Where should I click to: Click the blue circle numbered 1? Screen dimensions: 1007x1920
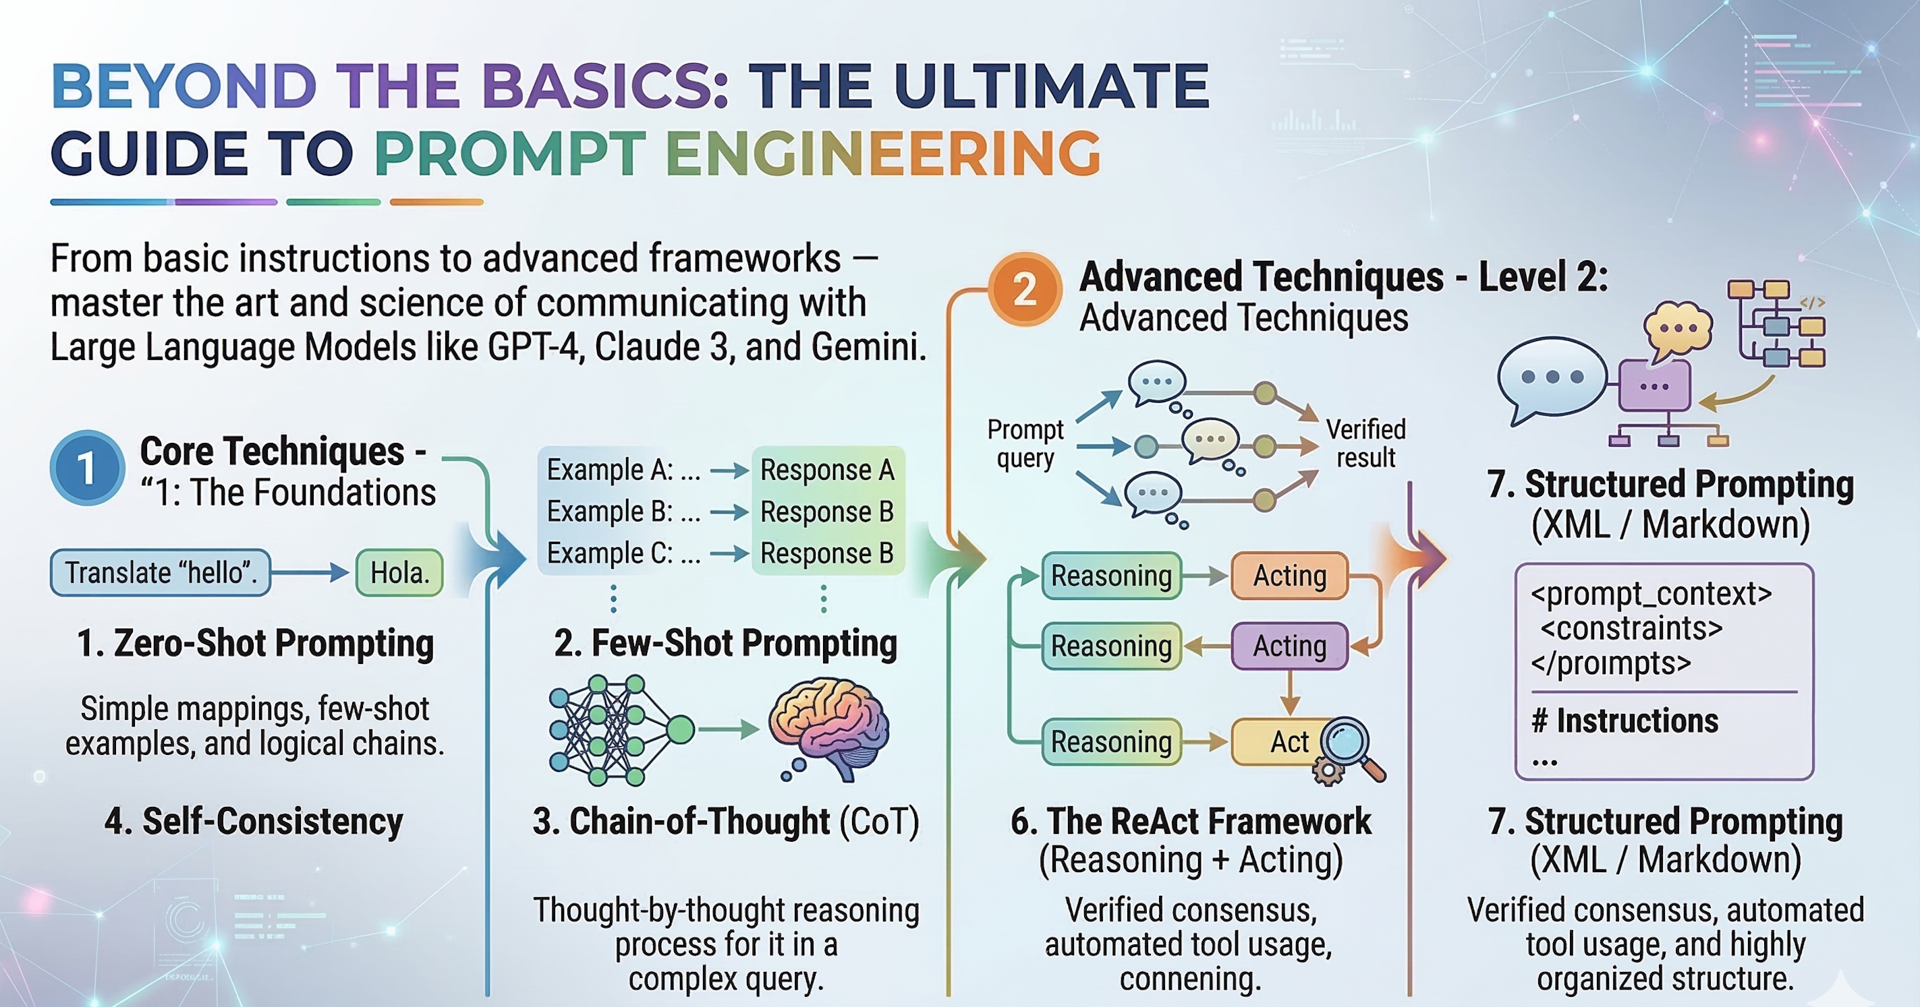point(86,468)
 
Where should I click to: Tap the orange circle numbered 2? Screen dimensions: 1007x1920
point(1025,289)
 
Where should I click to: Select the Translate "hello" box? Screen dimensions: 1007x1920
point(161,573)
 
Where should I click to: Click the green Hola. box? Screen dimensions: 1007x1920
point(399,573)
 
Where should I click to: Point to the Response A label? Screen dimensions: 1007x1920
point(826,470)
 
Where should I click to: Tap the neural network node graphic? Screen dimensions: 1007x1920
point(619,730)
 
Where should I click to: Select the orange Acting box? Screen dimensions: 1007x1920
point(1289,576)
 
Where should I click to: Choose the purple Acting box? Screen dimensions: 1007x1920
point(1289,646)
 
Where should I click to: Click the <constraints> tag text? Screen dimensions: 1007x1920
point(1631,629)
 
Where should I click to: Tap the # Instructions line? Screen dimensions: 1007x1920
point(1625,721)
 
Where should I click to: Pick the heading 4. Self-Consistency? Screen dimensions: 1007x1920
point(254,822)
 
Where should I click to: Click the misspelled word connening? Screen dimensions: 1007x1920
point(1190,978)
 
